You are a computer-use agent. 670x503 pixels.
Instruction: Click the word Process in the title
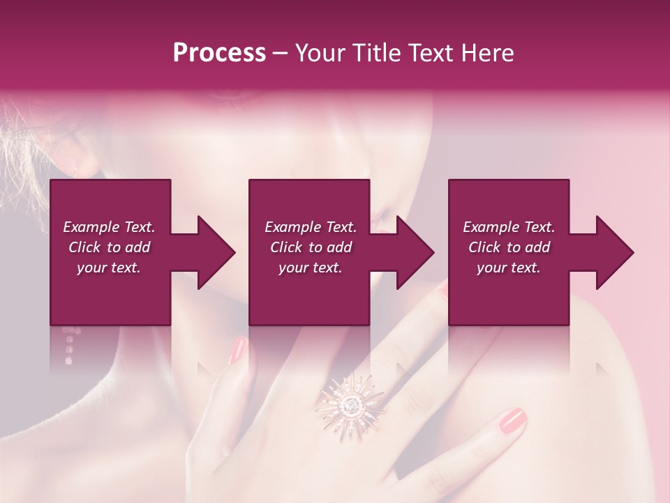tap(219, 53)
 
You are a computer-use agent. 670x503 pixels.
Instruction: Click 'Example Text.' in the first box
tap(109, 227)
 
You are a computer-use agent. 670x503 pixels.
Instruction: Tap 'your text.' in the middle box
tap(310, 268)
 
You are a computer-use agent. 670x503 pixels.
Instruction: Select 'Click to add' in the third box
tap(509, 247)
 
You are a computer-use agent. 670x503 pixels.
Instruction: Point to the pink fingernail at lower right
tap(512, 419)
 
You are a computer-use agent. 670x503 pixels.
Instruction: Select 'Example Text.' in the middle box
tap(310, 227)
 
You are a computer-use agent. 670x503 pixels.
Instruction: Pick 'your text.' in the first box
tap(109, 268)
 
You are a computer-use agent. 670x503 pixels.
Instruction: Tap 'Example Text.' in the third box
tap(509, 227)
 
